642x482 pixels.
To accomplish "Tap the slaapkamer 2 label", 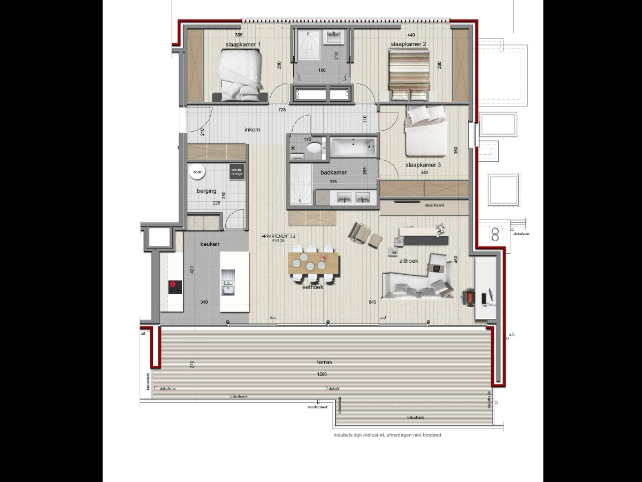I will pos(408,43).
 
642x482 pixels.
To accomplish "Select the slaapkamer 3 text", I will pos(423,165).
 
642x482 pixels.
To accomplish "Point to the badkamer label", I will pos(334,172).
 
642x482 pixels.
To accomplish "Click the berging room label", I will pos(207,191).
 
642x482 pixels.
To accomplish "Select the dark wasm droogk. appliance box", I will pos(236,171).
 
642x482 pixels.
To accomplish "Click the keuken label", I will pos(209,244).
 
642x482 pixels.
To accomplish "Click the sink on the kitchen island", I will pos(228,283).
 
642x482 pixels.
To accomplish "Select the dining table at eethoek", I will pos(314,263).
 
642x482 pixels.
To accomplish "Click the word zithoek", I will pos(408,261).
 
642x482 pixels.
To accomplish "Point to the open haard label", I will pos(434,205).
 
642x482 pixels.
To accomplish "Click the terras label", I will pos(324,362).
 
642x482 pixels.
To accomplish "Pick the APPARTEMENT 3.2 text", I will pos(279,236).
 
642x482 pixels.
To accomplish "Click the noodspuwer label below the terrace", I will pos(317,406).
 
